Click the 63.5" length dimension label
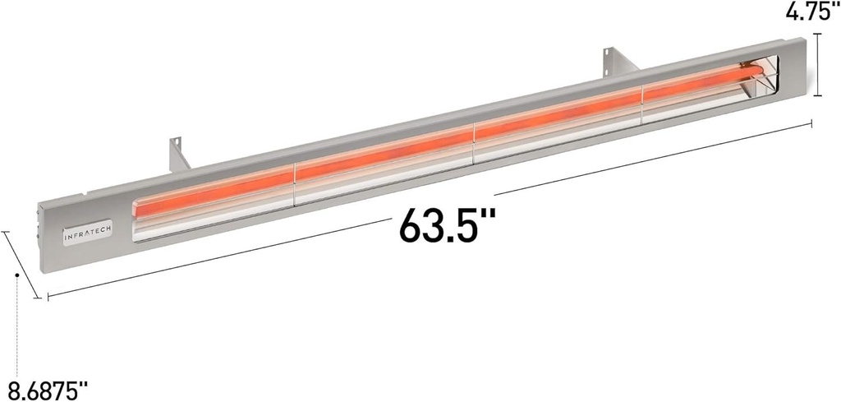(448, 224)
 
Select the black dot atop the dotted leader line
(16, 275)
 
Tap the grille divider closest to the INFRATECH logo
(294, 183)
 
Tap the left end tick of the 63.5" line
(47, 296)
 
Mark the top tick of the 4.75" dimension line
(818, 34)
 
